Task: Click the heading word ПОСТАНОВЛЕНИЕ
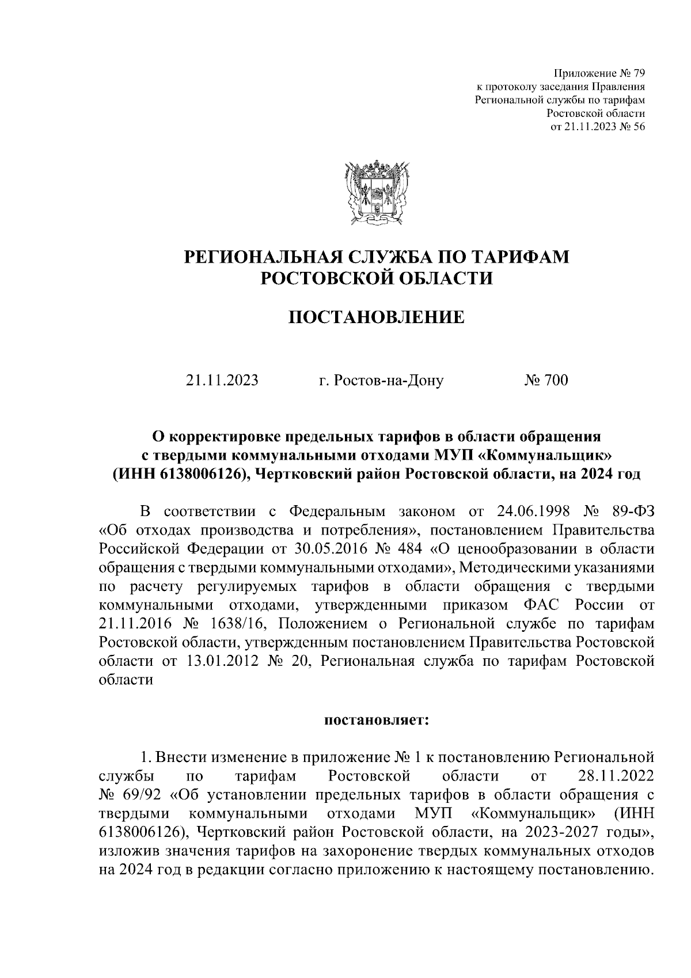[376, 317]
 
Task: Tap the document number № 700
[546, 381]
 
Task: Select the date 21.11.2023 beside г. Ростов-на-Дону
[222, 381]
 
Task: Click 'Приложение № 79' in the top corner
[599, 73]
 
